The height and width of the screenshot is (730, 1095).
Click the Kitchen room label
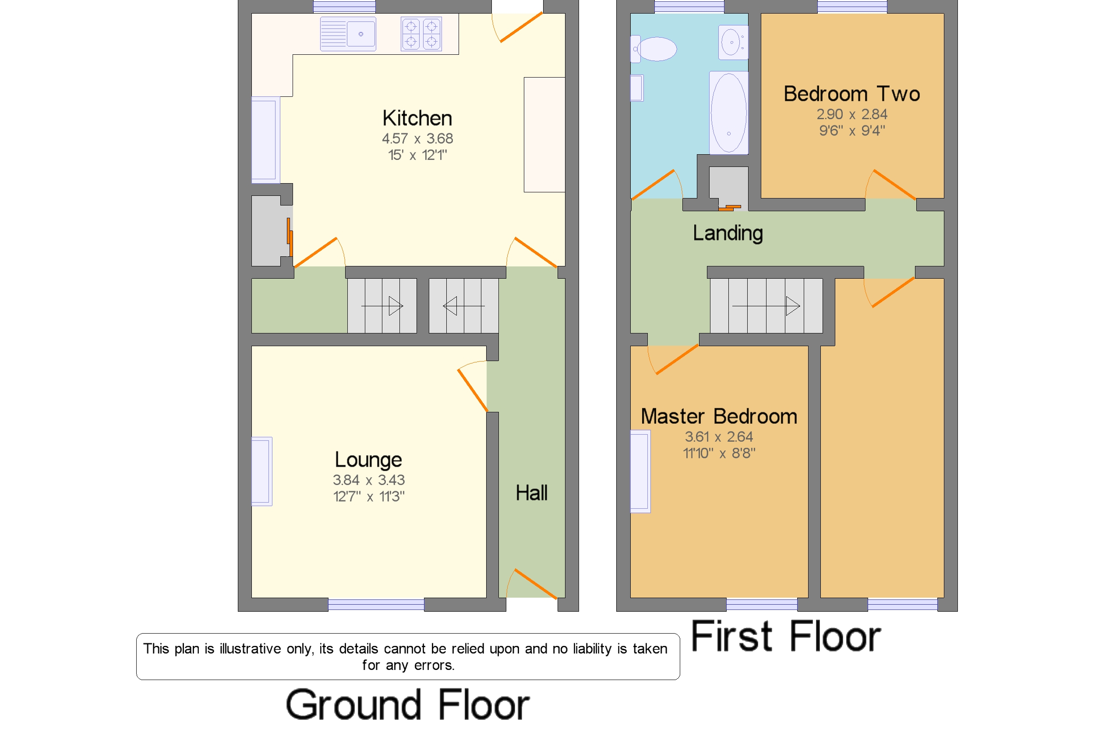[417, 118]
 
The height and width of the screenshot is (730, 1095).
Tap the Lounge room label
[368, 460]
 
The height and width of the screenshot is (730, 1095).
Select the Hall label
[531, 493]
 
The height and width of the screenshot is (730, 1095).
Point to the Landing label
[728, 233]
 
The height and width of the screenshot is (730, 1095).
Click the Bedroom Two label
[851, 94]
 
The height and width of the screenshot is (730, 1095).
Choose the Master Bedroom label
[718, 417]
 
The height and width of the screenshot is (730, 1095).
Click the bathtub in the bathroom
[728, 113]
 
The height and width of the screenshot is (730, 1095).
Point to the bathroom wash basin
[733, 43]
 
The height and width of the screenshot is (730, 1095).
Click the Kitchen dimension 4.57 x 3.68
[417, 139]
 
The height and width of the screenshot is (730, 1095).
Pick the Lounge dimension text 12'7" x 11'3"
[368, 497]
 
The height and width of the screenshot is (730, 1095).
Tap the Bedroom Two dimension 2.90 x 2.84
[851, 114]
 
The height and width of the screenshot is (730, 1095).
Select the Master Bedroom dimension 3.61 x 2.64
[718, 437]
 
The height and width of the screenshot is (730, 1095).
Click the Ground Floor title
[407, 705]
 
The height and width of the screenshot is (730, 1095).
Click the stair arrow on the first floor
[766, 306]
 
